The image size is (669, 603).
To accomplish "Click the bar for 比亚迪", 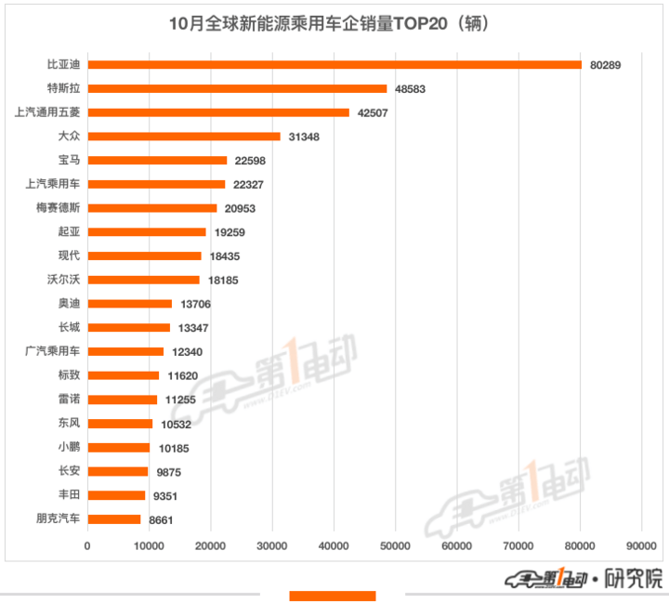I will click(334, 64).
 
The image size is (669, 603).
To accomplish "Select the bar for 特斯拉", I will click(237, 88).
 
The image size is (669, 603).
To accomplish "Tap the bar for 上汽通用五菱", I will click(218, 112).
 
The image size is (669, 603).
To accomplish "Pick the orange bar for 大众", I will click(184, 137).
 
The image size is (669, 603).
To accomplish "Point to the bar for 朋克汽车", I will click(114, 519).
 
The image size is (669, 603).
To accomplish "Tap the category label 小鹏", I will click(69, 447).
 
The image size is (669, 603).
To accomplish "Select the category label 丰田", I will click(69, 495).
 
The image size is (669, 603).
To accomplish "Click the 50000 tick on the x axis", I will click(395, 547).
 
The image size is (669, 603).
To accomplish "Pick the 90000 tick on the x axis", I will click(641, 547).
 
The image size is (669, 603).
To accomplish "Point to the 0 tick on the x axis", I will click(87, 547).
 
